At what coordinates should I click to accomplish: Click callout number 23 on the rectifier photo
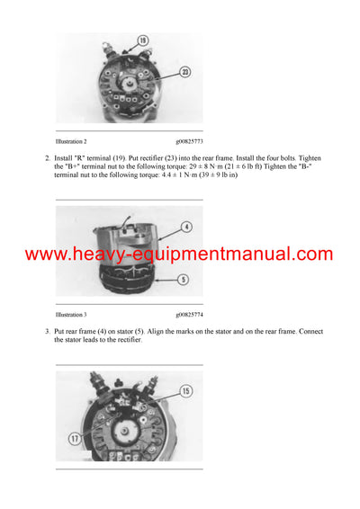pyautogui.click(x=184, y=72)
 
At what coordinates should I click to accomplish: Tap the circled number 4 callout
pyautogui.click(x=185, y=227)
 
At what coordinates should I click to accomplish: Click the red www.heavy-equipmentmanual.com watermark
pyautogui.click(x=179, y=254)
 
